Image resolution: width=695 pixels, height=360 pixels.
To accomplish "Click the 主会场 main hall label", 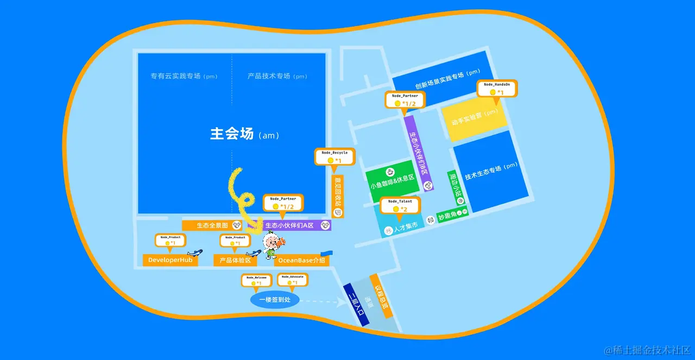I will tap(232, 134).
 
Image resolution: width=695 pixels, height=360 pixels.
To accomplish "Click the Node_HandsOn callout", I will tap(497, 89).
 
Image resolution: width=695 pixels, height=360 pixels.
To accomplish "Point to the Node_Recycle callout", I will tap(334, 156).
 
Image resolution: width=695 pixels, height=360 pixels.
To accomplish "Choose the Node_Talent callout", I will tap(400, 205).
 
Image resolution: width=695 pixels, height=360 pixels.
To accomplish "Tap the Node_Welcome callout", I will tap(256, 280).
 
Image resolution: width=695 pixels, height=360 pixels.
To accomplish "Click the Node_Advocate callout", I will tap(292, 280).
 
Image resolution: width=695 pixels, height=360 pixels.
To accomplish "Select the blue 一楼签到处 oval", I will tap(275, 300).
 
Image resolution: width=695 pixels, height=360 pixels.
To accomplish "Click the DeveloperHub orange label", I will tap(170, 261).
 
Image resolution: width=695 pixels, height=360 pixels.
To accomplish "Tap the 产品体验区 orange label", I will tap(235, 261).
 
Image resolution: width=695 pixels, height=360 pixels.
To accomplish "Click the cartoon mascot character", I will tap(271, 245).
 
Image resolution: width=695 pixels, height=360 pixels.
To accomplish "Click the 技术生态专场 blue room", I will tap(490, 171).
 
